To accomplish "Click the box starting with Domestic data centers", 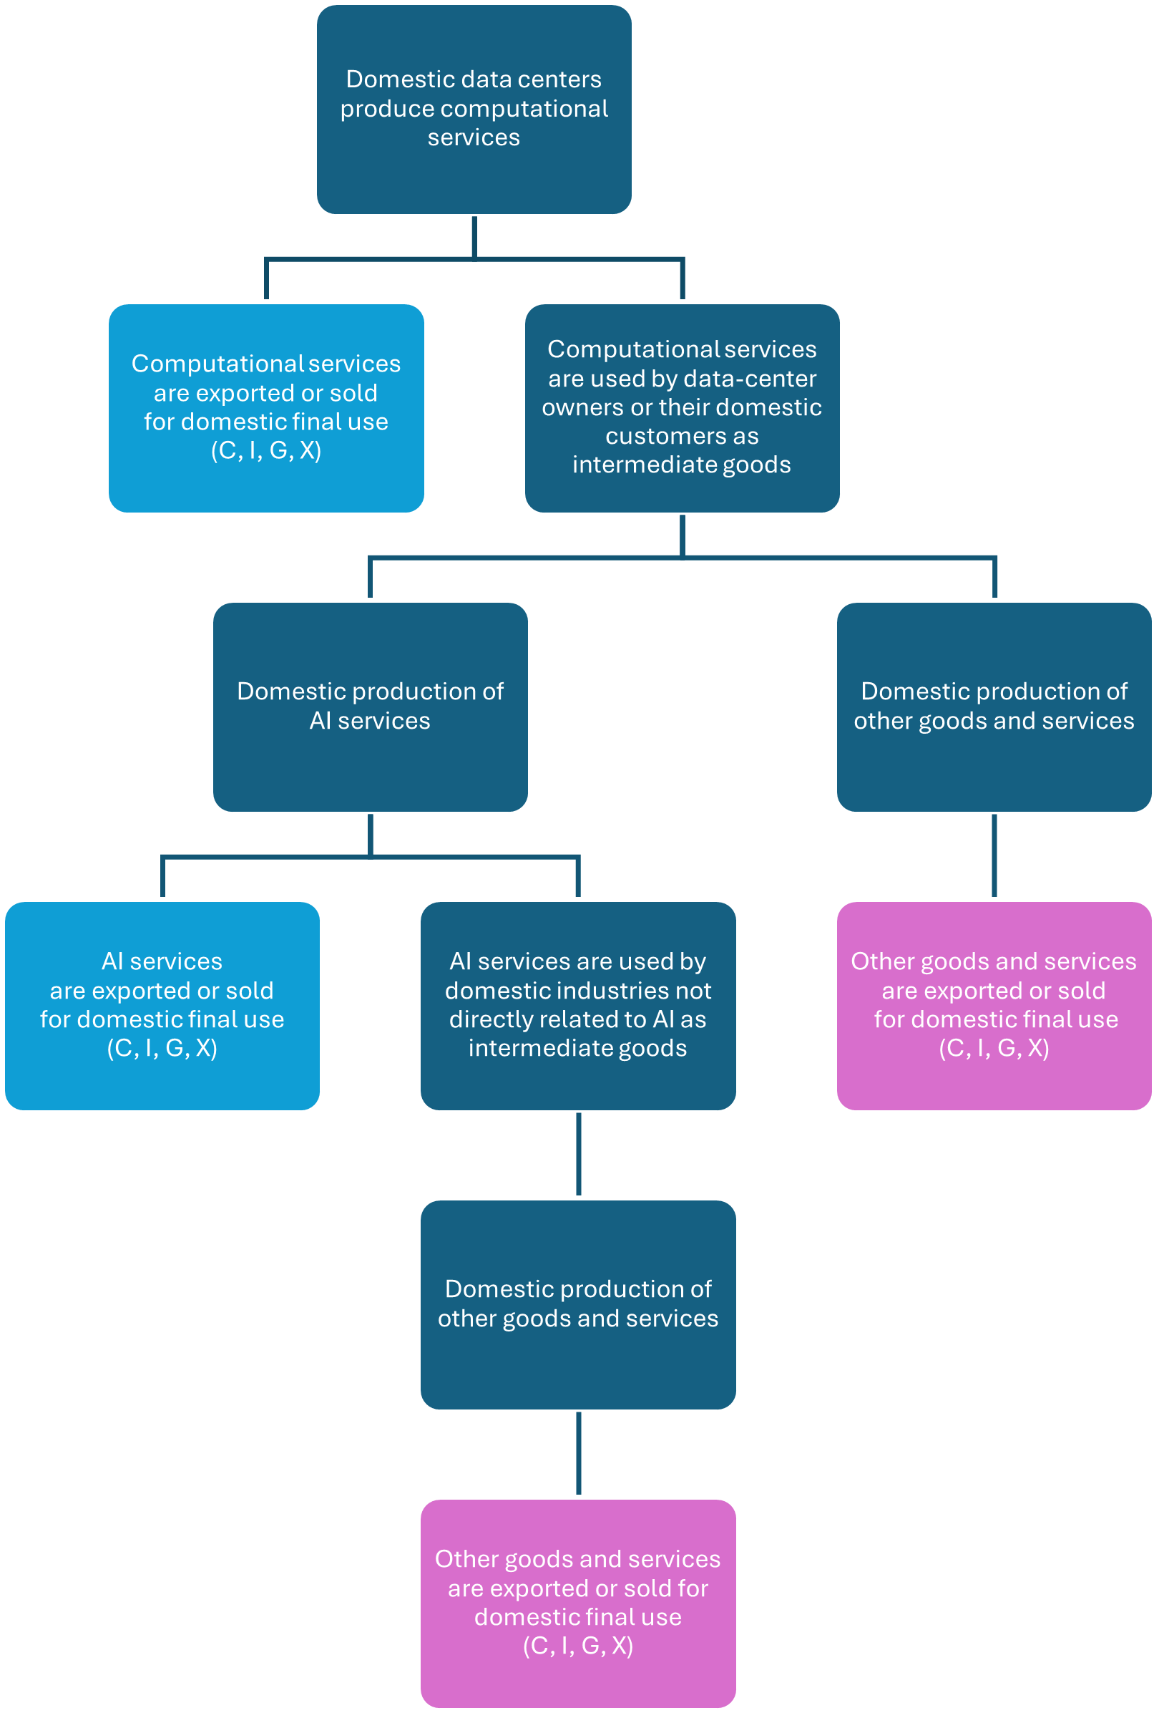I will point(474,110).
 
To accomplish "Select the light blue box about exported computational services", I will point(266,407).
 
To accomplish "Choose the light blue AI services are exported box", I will point(162,1005).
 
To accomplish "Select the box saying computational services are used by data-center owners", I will point(682,407).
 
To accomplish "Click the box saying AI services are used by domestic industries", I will point(577,1005).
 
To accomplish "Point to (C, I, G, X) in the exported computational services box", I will point(266,450).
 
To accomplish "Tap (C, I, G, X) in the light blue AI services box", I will point(162,1047).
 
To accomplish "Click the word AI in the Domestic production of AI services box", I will point(321,720).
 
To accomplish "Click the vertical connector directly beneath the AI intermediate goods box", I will point(578,1154).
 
